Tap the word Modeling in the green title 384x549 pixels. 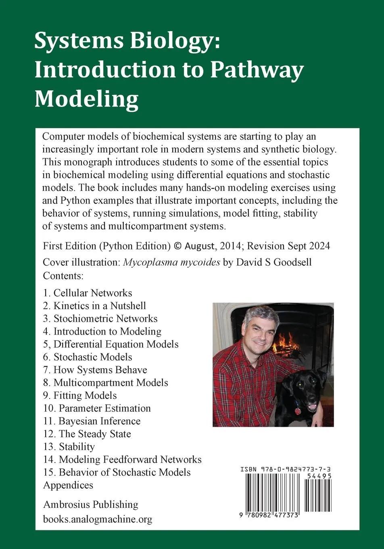[x=86, y=99]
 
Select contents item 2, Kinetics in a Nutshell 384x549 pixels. [x=94, y=306]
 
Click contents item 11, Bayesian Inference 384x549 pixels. [x=92, y=421]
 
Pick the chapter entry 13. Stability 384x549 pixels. [x=69, y=446]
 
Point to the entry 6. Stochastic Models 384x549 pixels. [x=88, y=357]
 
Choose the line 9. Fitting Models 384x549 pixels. [x=80, y=395]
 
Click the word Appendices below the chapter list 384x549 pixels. [x=68, y=485]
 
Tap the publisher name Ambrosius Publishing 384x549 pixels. [x=91, y=504]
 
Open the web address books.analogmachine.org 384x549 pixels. [x=98, y=519]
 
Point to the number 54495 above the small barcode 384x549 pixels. [x=319, y=476]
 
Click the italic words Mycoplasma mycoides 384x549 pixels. [x=171, y=262]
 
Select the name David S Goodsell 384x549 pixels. [x=274, y=262]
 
